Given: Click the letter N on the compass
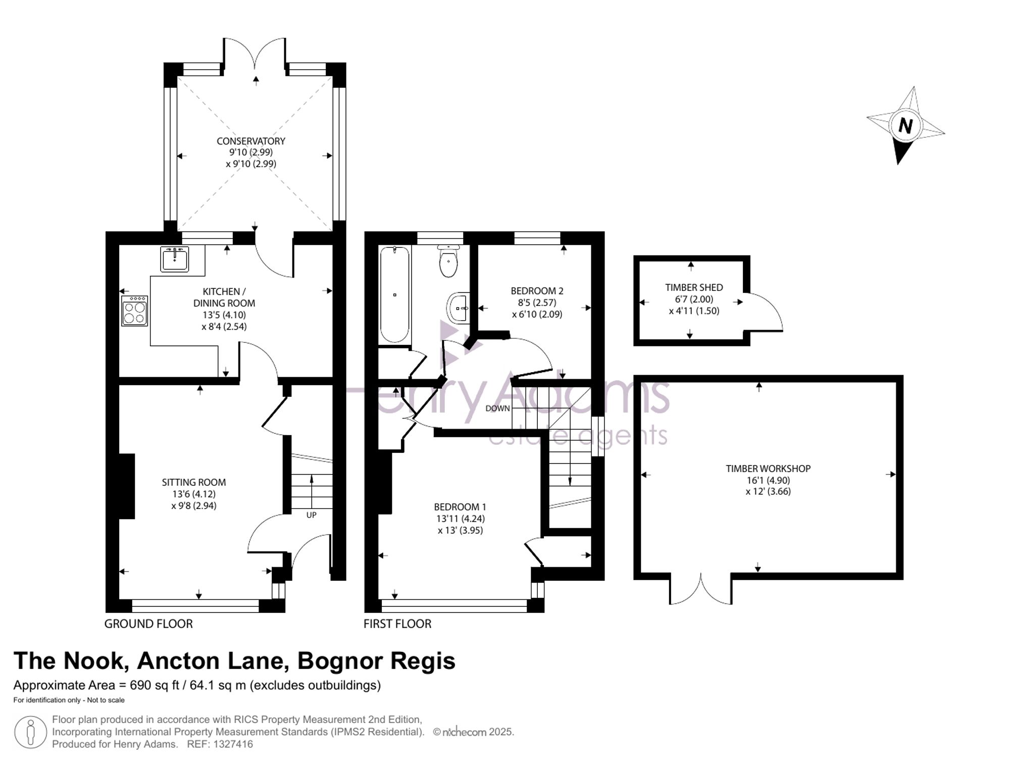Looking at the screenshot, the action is coord(905,125).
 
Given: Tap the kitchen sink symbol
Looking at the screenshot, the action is coord(174,259).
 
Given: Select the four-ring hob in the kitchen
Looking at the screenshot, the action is coord(135,311).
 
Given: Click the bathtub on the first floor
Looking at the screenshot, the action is coord(394,294).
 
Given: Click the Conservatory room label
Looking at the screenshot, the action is coord(251,141).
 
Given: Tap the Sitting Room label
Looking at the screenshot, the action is coord(194,482).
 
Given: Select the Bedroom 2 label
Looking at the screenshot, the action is coord(537,291).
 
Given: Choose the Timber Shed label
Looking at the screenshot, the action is coord(694,287).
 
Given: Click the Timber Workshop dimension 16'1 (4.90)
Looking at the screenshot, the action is coord(768,480).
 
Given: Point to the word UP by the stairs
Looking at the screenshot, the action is coord(311,515).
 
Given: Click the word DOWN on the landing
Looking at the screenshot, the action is coord(497,408).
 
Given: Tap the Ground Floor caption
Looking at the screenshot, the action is coord(148,624).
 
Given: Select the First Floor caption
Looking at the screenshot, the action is coord(397,624).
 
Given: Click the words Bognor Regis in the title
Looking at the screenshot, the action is coord(376,661).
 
